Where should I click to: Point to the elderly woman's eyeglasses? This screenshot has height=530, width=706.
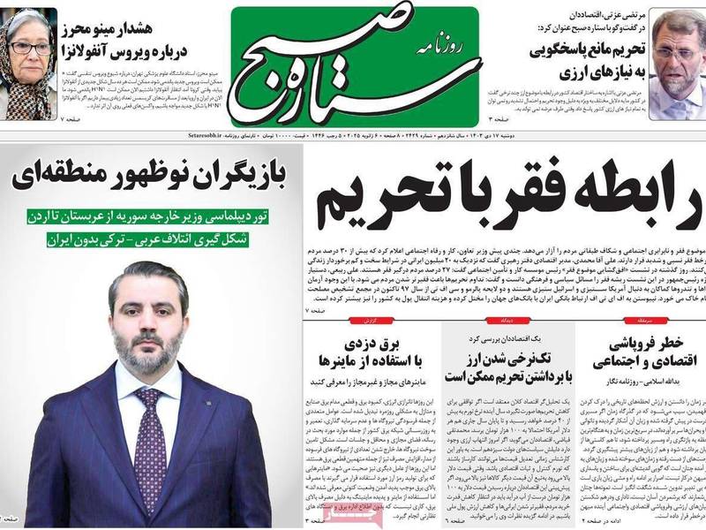(x=30, y=47)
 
